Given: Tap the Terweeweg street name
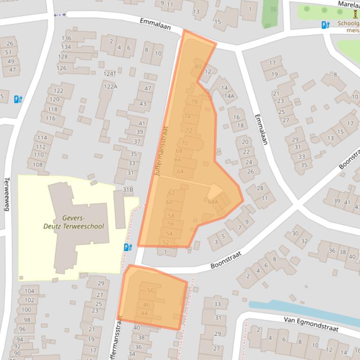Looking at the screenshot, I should coord(7,194).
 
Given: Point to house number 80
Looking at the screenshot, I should coord(198,67).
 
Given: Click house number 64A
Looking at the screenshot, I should coord(213,202).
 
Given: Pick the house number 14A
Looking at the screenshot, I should coord(229,96).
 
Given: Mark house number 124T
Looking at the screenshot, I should coord(110,74).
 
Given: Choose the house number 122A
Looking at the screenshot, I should coord(110,86).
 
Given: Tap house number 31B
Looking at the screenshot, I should coord(128,189).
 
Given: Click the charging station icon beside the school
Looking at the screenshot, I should coord(128,247).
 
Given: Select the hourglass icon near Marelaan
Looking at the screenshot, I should coord(355,14).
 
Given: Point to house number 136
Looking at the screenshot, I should coord(66,38).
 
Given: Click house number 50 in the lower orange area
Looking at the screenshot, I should coord(150,290).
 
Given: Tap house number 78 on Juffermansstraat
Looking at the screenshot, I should coord(195,102).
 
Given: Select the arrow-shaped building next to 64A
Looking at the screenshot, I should coord(215,191).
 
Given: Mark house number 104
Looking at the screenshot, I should coord(29,291).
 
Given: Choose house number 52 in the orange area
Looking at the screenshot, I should coord(165,242).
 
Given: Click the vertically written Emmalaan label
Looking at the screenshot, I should coord(261,130).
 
